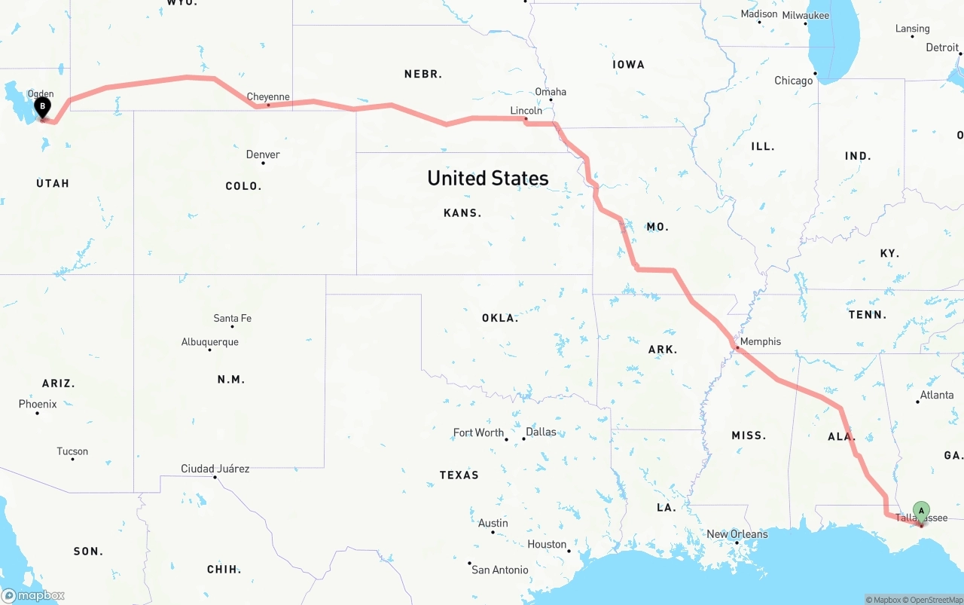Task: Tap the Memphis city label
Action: pos(760,341)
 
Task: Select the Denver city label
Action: pos(263,154)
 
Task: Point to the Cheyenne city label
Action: pos(268,96)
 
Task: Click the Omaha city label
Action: pos(551,92)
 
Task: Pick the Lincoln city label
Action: pos(526,111)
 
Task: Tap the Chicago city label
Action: pos(794,81)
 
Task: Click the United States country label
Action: pos(487,178)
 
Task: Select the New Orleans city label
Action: pos(737,534)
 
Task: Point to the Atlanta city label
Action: pos(936,395)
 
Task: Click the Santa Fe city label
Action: pos(233,318)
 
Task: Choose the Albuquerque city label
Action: pos(210,342)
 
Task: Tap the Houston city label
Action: pos(547,544)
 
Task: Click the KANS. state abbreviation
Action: pos(462,213)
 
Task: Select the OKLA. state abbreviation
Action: pos(500,318)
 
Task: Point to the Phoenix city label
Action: pos(38,404)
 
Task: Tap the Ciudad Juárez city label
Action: pos(215,469)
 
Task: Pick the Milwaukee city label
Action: pos(806,15)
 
